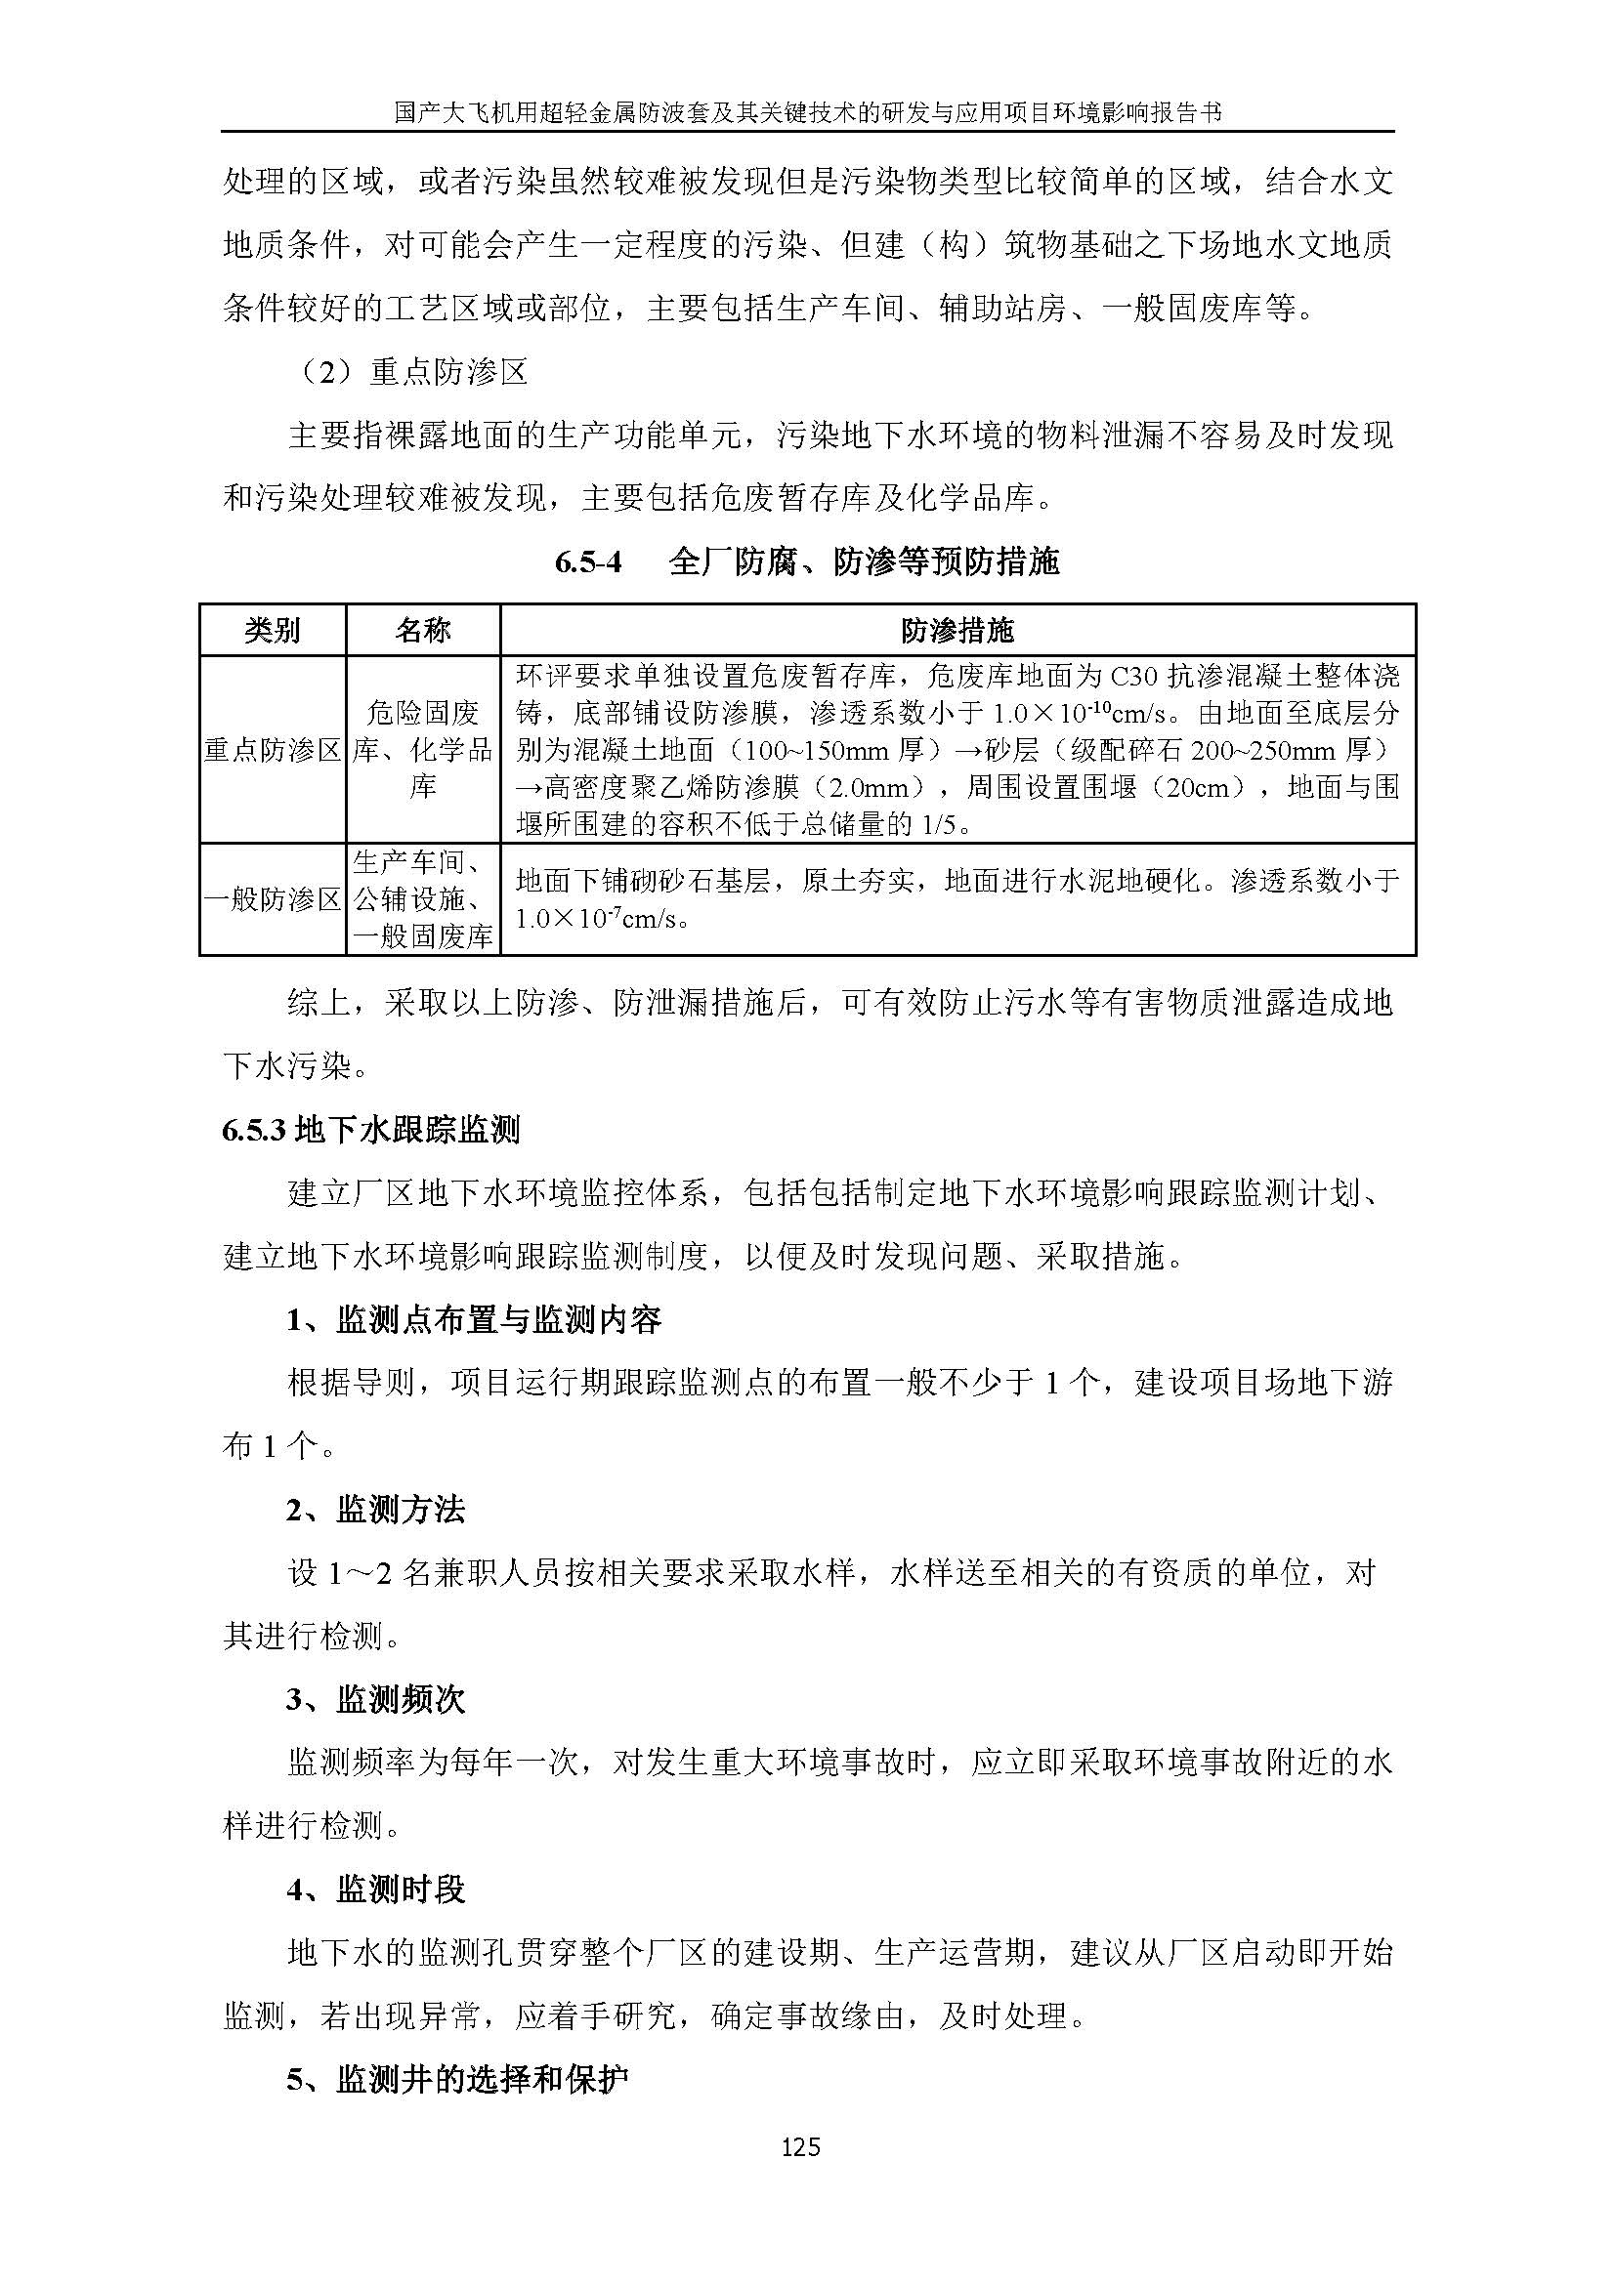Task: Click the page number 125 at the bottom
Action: (800, 2147)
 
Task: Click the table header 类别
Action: (273, 631)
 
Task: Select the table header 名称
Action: (423, 631)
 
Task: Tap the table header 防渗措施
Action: (957, 631)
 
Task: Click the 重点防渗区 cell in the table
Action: (273, 750)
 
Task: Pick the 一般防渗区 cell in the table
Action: (273, 900)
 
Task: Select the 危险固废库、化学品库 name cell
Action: (423, 750)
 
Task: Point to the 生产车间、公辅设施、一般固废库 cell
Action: (423, 900)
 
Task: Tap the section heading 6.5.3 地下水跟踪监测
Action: (370, 1130)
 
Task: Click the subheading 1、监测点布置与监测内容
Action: (474, 1320)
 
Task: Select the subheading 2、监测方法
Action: (375, 1510)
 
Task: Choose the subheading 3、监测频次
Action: (375, 1700)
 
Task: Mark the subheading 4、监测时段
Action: (375, 1890)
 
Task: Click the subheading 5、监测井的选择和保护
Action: (457, 2080)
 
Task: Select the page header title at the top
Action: (807, 113)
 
